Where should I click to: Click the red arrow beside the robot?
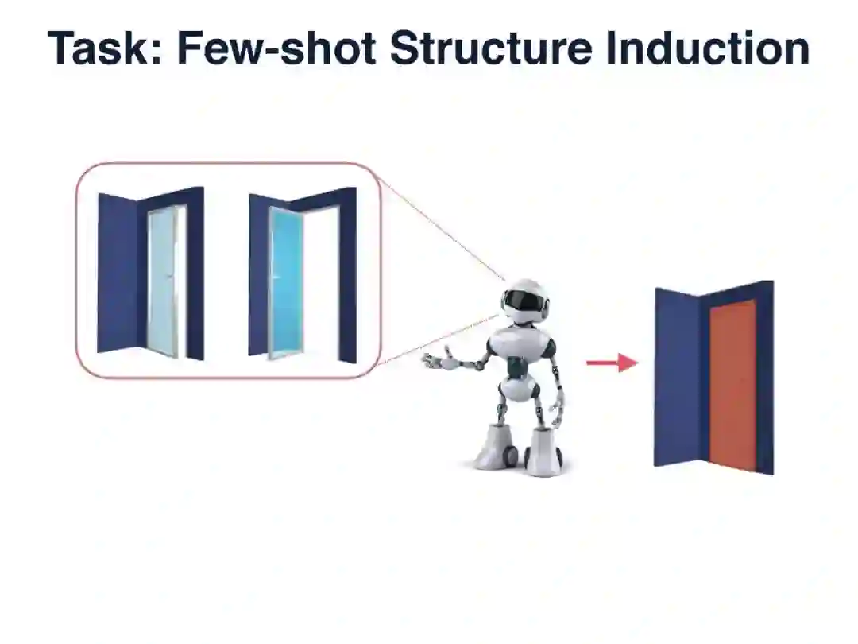pyautogui.click(x=612, y=363)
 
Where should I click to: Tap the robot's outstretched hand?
pyautogui.click(x=435, y=361)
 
